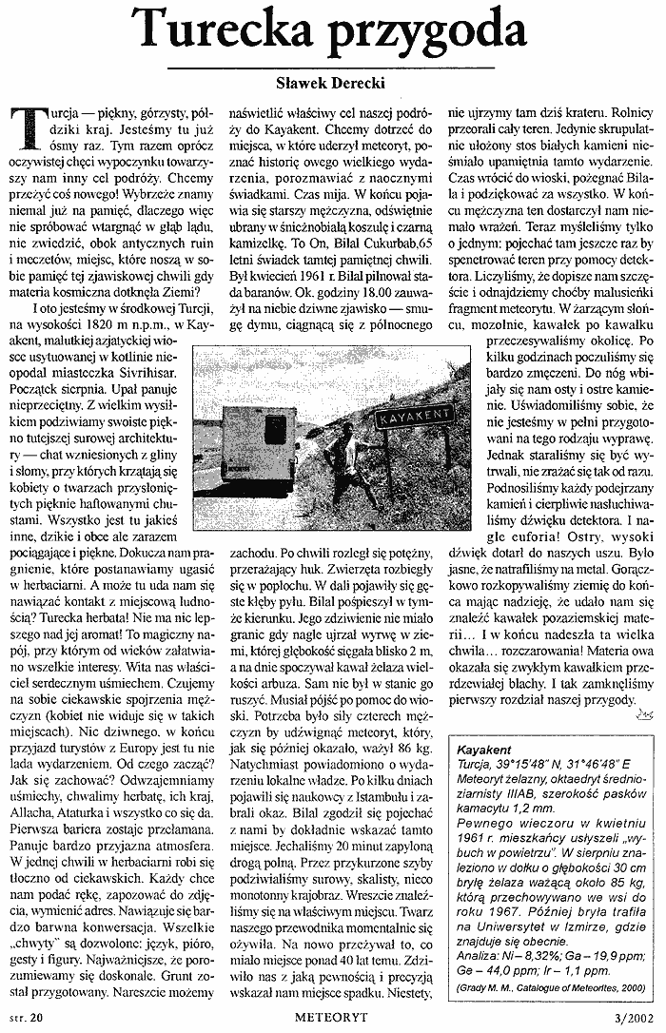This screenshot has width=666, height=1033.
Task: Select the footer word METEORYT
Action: [x=333, y=1018]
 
